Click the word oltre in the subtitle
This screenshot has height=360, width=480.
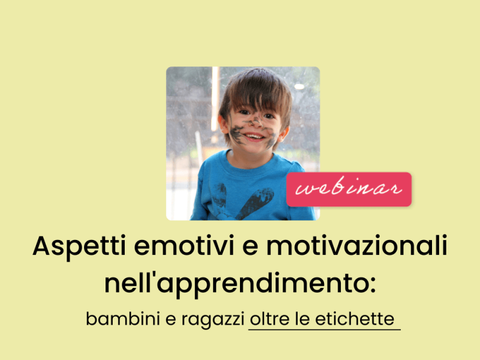point(270,319)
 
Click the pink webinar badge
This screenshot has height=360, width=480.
point(348,189)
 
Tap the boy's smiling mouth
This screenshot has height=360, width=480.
point(255,137)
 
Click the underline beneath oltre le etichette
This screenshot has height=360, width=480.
point(324,329)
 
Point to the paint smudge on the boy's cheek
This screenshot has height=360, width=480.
point(236,135)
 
